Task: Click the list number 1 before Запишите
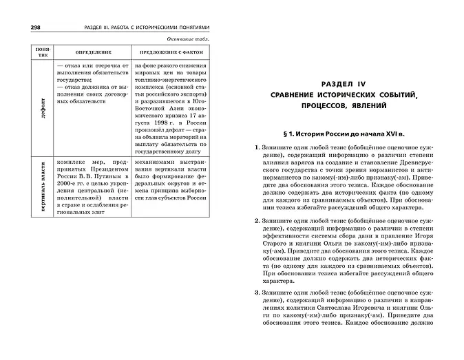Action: click(256, 148)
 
